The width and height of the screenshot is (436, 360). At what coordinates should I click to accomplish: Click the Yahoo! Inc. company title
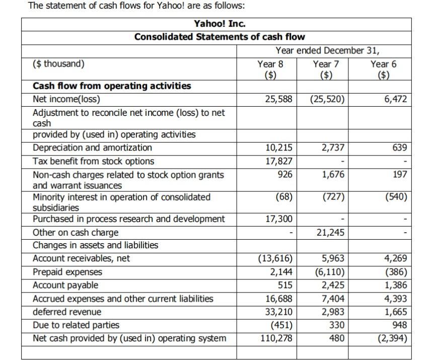point(220,24)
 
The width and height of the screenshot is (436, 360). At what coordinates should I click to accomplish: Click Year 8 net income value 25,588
point(278,99)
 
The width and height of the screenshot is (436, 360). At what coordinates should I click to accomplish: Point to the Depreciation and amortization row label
point(92,148)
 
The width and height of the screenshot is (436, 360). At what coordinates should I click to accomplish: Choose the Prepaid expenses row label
point(67,272)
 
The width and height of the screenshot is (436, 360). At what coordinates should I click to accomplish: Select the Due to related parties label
point(76,325)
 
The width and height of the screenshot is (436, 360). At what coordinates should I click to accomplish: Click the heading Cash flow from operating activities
point(112,86)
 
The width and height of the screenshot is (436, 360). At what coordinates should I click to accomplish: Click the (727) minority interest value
point(333,197)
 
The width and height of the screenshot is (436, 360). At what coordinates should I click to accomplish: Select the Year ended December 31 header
point(327,51)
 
